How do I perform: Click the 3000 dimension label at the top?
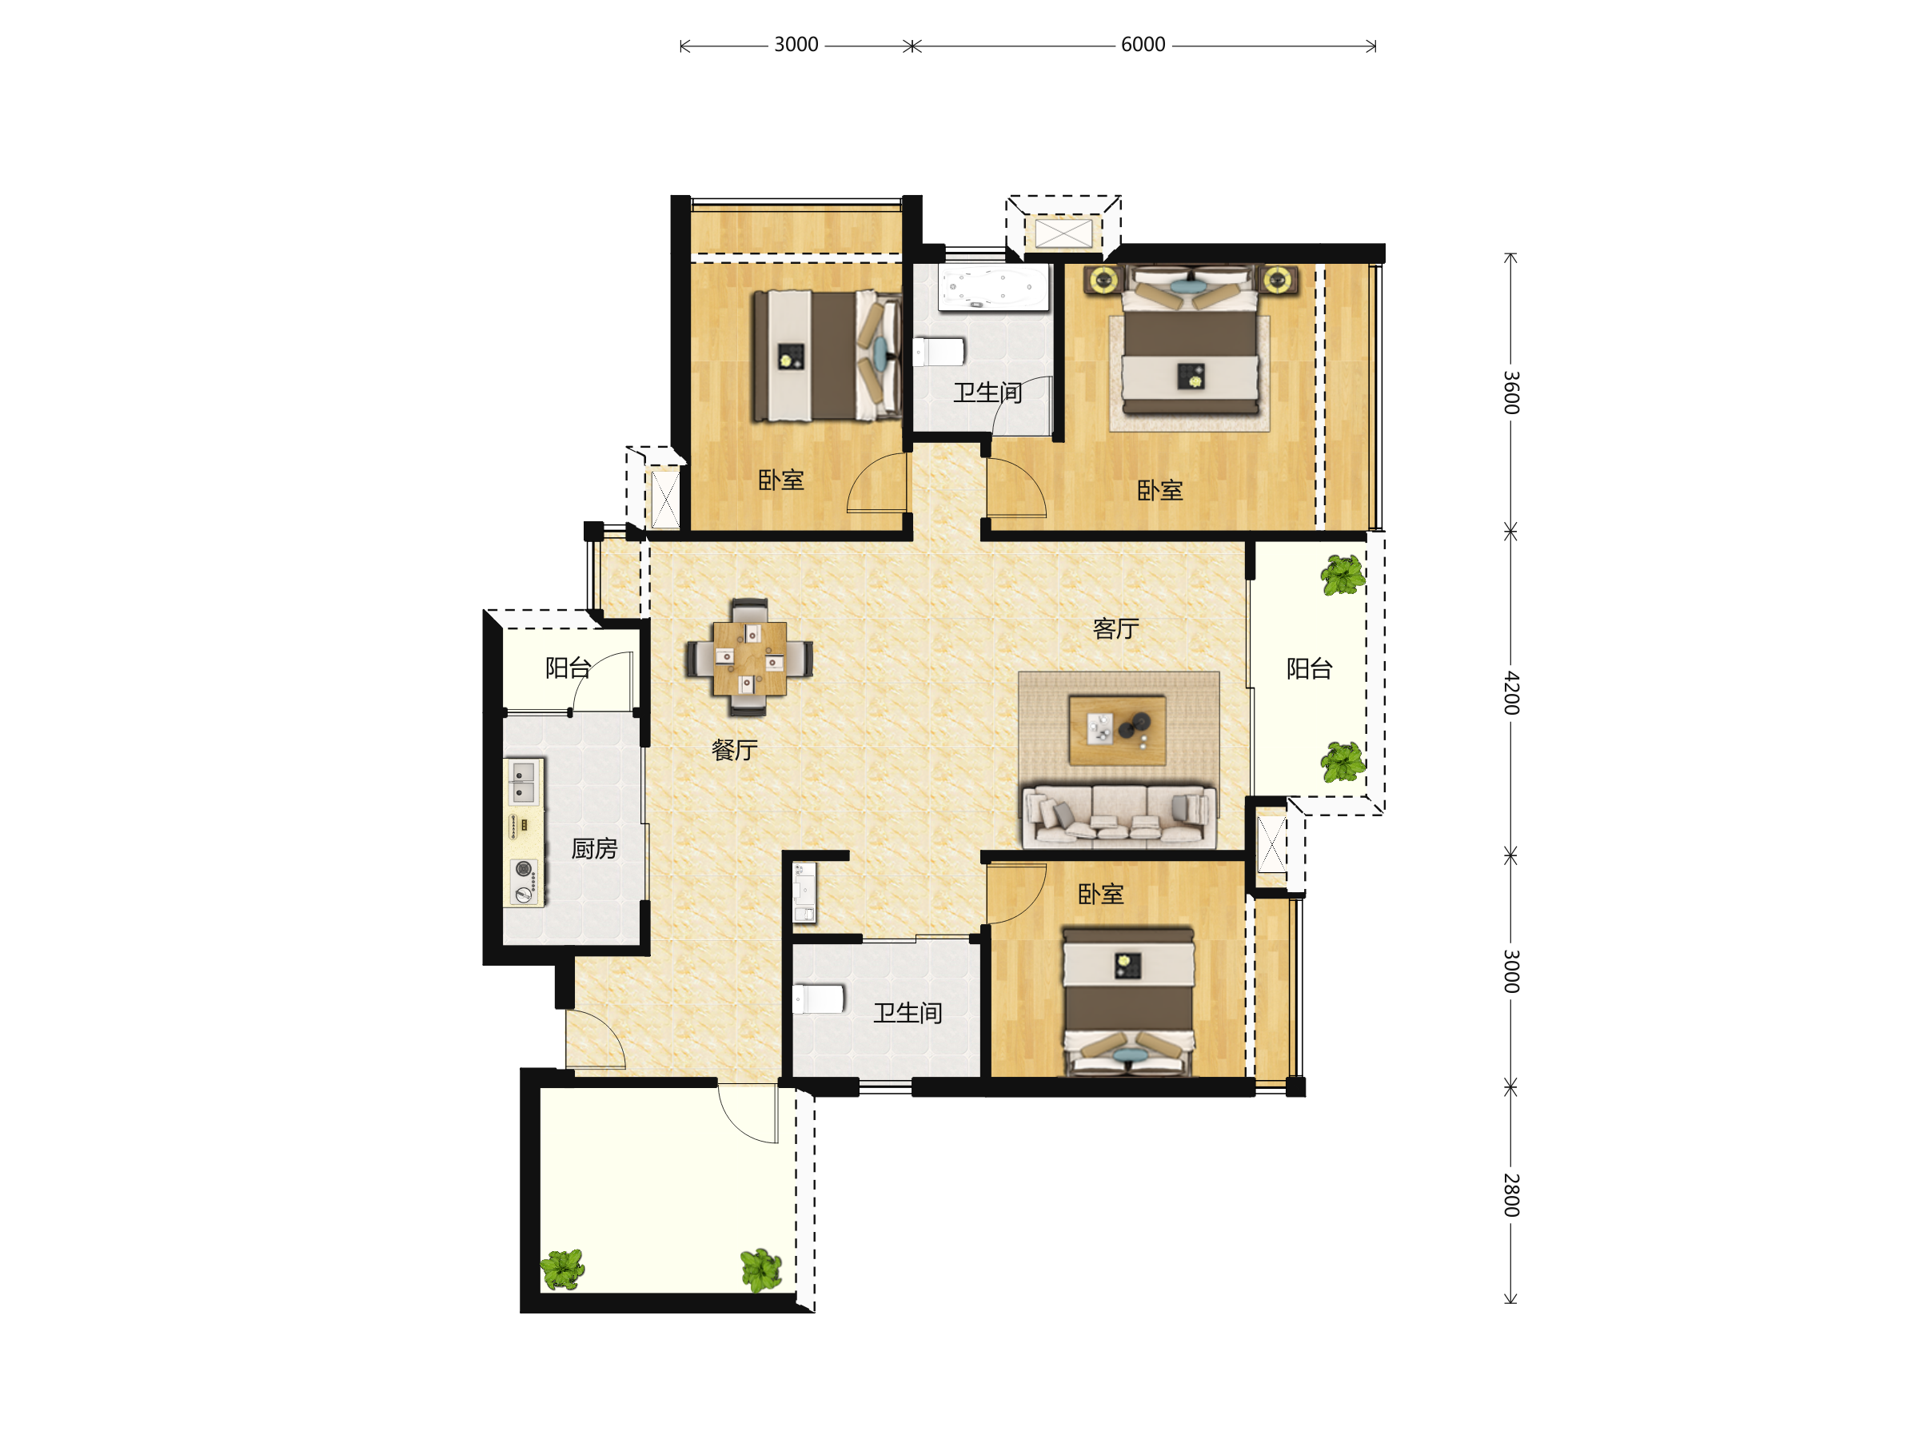(x=796, y=44)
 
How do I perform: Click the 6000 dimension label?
(x=1143, y=44)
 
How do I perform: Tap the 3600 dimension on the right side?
(x=1510, y=392)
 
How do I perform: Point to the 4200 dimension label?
(x=1510, y=692)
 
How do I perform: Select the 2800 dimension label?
(x=1510, y=1194)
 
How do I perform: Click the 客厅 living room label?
(x=1115, y=628)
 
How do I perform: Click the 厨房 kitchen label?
(x=594, y=848)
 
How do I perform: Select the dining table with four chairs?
(x=749, y=657)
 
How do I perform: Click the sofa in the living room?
(x=1119, y=815)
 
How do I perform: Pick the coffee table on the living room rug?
(x=1117, y=729)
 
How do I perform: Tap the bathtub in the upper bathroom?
(x=993, y=287)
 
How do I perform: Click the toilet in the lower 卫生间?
(x=818, y=999)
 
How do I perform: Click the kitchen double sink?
(x=523, y=783)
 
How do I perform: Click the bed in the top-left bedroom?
(x=826, y=356)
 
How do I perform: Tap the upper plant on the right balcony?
(x=1342, y=575)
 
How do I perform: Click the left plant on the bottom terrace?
(x=562, y=1270)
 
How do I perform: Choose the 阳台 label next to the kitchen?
(x=569, y=667)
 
